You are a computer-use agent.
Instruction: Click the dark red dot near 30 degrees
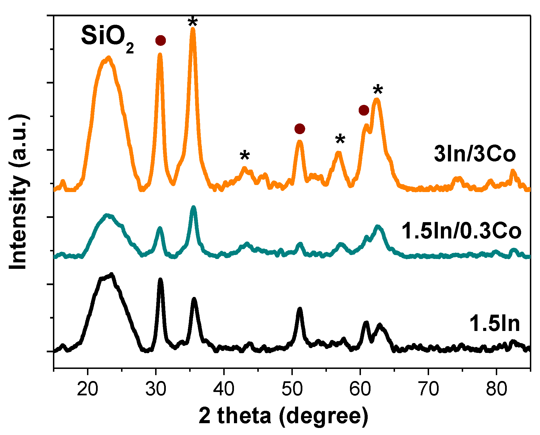click(160, 40)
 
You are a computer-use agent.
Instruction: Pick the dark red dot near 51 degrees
click(300, 129)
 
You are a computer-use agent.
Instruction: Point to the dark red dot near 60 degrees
click(364, 110)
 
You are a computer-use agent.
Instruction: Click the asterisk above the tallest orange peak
click(193, 21)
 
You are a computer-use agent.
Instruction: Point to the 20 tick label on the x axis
click(88, 389)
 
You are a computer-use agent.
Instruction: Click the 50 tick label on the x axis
click(292, 389)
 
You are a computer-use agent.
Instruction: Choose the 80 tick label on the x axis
click(496, 389)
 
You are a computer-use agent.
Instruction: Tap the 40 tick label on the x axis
click(224, 389)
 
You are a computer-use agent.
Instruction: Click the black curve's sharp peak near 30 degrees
click(160, 280)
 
